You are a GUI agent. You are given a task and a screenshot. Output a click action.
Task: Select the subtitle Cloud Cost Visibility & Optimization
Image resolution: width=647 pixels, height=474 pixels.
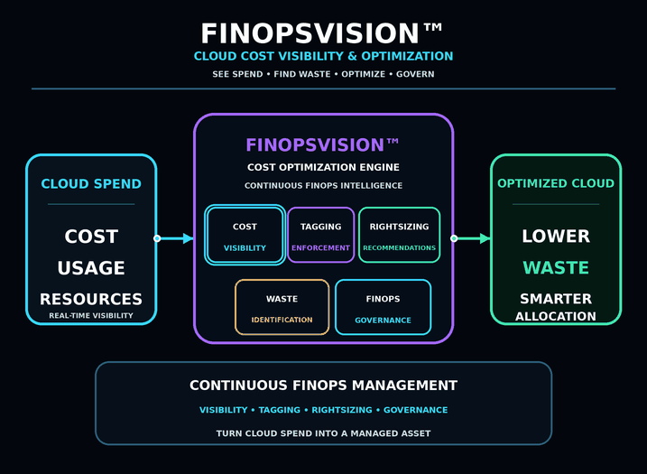[x=323, y=56]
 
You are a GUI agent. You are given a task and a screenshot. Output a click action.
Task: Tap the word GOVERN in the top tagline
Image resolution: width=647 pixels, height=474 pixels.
[x=415, y=74]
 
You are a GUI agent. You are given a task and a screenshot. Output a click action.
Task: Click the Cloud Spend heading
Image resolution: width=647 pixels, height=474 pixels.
[x=91, y=184]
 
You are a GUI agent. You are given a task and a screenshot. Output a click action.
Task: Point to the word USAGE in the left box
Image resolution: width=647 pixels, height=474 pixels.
[x=91, y=268]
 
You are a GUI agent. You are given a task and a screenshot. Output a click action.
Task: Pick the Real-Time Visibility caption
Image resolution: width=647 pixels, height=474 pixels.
[x=91, y=315]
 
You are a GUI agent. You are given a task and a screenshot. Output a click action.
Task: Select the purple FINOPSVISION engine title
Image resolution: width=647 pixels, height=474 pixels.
[x=322, y=145]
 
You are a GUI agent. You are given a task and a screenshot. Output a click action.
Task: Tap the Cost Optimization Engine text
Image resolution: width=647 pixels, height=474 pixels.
[x=323, y=167]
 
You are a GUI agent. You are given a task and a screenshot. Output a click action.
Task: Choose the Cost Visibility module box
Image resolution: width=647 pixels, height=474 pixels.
[x=245, y=236]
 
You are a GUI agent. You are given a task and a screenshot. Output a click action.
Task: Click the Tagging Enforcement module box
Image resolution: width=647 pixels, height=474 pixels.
[x=320, y=236]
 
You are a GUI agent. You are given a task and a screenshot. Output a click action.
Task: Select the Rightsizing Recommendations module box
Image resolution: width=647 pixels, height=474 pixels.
[x=400, y=236]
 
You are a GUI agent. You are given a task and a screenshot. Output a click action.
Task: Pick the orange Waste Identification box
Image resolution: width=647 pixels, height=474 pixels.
[x=282, y=307]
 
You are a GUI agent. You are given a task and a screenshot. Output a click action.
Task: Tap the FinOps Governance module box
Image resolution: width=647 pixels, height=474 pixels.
[x=383, y=307]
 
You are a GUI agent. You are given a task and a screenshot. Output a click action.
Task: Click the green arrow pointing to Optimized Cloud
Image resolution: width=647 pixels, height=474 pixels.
[x=471, y=238]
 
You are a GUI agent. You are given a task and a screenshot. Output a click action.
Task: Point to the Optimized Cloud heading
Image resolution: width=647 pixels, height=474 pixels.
[x=556, y=183]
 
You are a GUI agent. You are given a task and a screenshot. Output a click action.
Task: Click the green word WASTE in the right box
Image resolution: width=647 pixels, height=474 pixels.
[x=556, y=268]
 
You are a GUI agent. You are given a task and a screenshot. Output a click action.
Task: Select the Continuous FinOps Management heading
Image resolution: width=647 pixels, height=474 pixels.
[x=323, y=386]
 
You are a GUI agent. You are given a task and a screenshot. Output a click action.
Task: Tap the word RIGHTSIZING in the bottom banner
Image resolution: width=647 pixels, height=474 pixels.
[x=342, y=410]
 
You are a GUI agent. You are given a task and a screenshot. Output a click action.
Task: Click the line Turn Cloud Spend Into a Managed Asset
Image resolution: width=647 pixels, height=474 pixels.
[x=323, y=433]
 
